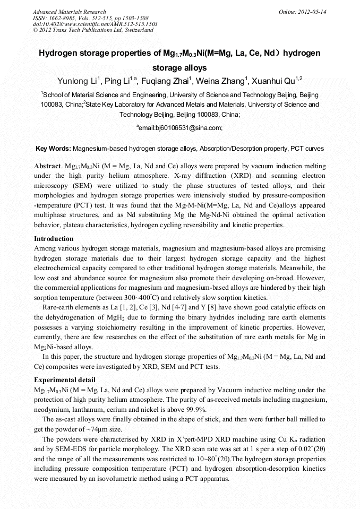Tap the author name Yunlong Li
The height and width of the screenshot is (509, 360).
[76, 81]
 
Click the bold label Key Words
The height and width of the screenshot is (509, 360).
[53, 149]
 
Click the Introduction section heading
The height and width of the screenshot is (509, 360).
[54, 239]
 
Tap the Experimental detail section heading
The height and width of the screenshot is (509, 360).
[65, 380]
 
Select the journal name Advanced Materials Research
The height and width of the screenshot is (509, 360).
[69, 12]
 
